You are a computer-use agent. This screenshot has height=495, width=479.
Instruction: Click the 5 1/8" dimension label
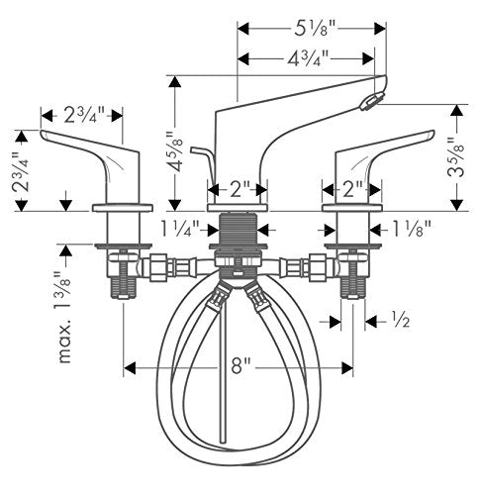tap(314, 29)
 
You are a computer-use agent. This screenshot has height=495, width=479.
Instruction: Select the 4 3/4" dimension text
tap(308, 59)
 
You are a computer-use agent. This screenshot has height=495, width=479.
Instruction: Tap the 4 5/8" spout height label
tap(174, 151)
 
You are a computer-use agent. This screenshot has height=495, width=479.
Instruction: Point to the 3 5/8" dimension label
tap(456, 157)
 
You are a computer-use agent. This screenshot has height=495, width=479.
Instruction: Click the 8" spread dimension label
tap(240, 365)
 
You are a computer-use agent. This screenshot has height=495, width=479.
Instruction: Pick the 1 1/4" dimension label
tap(180, 229)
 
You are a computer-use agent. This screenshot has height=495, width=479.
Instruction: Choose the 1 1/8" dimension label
tap(411, 229)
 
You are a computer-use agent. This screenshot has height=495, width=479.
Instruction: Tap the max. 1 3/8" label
tap(63, 317)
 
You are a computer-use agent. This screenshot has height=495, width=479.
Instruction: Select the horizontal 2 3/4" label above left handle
tap(84, 115)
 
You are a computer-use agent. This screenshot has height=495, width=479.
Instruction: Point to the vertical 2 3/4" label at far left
tap(21, 171)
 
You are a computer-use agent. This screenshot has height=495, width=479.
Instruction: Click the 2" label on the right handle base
tap(353, 190)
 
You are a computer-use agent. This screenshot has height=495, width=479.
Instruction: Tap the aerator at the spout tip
tap(372, 101)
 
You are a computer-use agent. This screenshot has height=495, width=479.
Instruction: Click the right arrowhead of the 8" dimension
tap(347, 367)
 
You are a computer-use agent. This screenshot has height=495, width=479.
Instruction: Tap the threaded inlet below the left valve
tap(123, 287)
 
